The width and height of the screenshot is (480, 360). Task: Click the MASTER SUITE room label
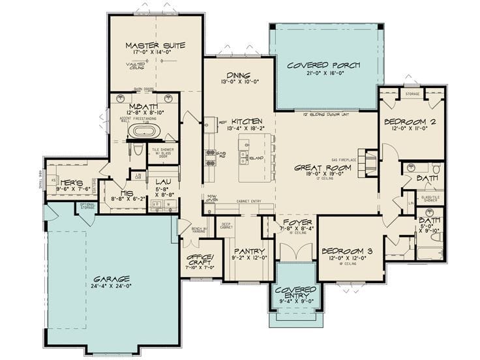point(155,46)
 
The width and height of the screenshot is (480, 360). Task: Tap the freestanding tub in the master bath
point(142,131)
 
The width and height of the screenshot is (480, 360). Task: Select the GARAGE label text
point(111,278)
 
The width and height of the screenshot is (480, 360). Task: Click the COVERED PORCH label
point(325,65)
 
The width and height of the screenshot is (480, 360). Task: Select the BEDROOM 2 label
point(411,122)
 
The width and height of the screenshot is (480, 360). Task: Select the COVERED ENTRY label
point(295,292)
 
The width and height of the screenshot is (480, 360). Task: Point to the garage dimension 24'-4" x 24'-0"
point(111,286)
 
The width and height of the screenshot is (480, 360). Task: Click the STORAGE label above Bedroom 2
point(412,94)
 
